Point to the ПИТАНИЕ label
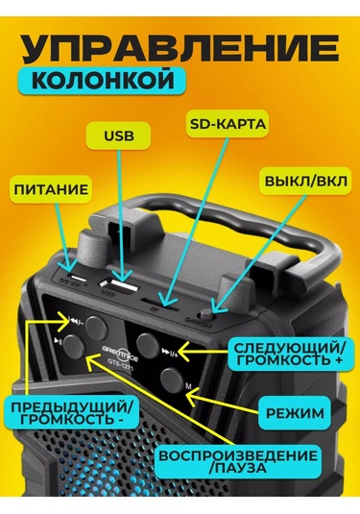(x=51, y=190)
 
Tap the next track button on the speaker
(x=148, y=341)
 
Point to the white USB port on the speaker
(x=122, y=288)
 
